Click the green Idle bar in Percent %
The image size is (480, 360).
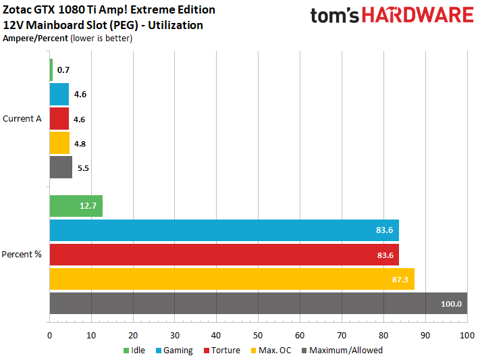(76, 206)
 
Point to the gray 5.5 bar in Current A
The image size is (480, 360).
(61, 168)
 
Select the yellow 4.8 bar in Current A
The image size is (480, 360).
(59, 143)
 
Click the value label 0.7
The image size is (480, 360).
(63, 70)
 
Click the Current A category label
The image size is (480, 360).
(22, 119)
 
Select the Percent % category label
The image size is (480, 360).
(22, 255)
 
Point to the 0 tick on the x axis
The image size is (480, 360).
(50, 336)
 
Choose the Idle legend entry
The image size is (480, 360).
(136, 351)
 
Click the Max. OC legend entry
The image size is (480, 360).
(273, 351)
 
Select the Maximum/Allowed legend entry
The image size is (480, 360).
(346, 351)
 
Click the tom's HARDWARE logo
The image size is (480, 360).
(392, 16)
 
